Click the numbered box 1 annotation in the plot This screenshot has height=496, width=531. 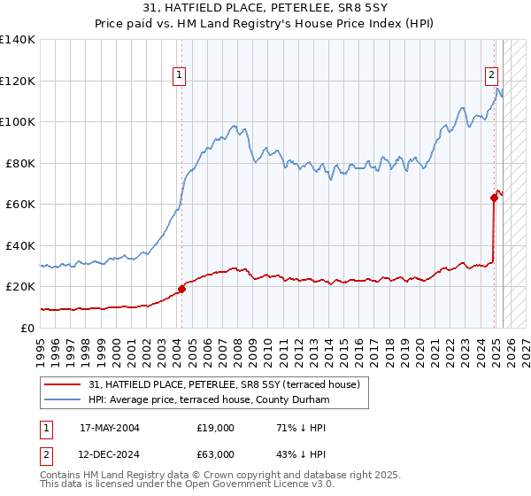click(179, 76)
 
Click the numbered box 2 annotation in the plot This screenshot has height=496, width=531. click(490, 76)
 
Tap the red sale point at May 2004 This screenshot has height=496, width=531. click(181, 289)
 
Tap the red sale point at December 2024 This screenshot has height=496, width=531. click(494, 198)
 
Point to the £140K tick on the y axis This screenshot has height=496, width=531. click(18, 40)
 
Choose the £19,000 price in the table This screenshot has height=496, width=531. click(216, 428)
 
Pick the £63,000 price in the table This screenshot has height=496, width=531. click(216, 454)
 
